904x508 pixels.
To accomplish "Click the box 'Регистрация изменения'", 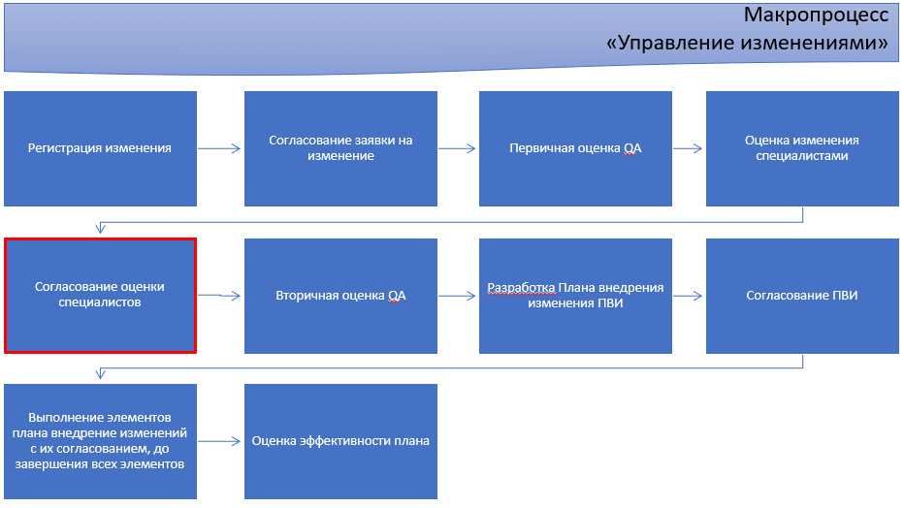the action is (x=100, y=148).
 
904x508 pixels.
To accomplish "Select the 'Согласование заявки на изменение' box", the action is (x=340, y=148).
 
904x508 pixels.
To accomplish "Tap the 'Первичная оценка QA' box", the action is (x=575, y=148).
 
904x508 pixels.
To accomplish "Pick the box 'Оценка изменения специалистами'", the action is (x=802, y=148).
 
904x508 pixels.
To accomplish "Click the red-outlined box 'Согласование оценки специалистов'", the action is (x=100, y=296).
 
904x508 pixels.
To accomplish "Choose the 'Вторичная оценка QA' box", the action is (x=340, y=296).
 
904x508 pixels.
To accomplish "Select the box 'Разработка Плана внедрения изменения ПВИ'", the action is (x=575, y=296).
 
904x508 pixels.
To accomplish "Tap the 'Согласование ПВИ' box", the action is (x=802, y=296).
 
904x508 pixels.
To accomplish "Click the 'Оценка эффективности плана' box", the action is (x=340, y=441).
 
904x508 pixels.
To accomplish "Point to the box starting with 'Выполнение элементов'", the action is (x=100, y=441).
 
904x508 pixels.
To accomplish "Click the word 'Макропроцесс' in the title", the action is (x=816, y=16).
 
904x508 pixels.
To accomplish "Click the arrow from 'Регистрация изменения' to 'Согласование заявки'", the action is (x=219, y=148).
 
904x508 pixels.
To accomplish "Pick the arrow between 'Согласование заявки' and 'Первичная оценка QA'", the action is (x=457, y=148).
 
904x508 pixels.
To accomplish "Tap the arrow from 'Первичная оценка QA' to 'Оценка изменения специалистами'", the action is (x=688, y=148).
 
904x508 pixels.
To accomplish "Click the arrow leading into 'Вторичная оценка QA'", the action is (x=219, y=296).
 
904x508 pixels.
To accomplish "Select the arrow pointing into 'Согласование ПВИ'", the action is (x=688, y=296).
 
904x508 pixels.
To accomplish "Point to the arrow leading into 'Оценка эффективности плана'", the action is (x=219, y=441).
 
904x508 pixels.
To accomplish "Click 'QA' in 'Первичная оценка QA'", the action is (x=632, y=148).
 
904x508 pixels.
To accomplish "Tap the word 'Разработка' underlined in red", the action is (x=521, y=288).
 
